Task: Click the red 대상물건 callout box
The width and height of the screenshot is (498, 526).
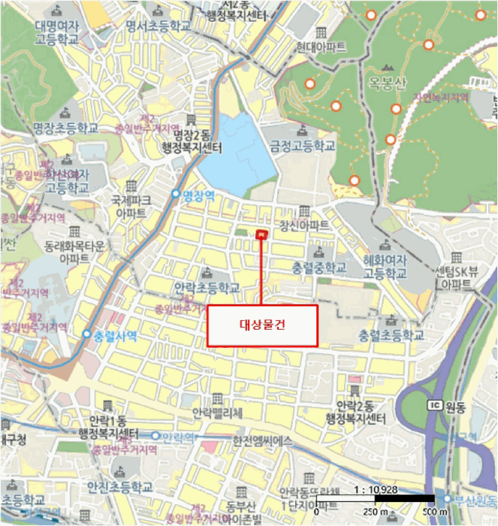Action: (262, 325)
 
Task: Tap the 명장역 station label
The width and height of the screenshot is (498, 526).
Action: (199, 195)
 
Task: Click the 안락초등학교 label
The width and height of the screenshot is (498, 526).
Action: (207, 288)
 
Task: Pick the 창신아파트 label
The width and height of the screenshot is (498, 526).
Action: (304, 225)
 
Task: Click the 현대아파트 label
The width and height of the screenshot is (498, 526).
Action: (321, 47)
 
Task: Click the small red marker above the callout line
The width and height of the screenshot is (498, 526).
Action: (261, 235)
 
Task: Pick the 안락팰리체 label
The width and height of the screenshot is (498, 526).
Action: (218, 413)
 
